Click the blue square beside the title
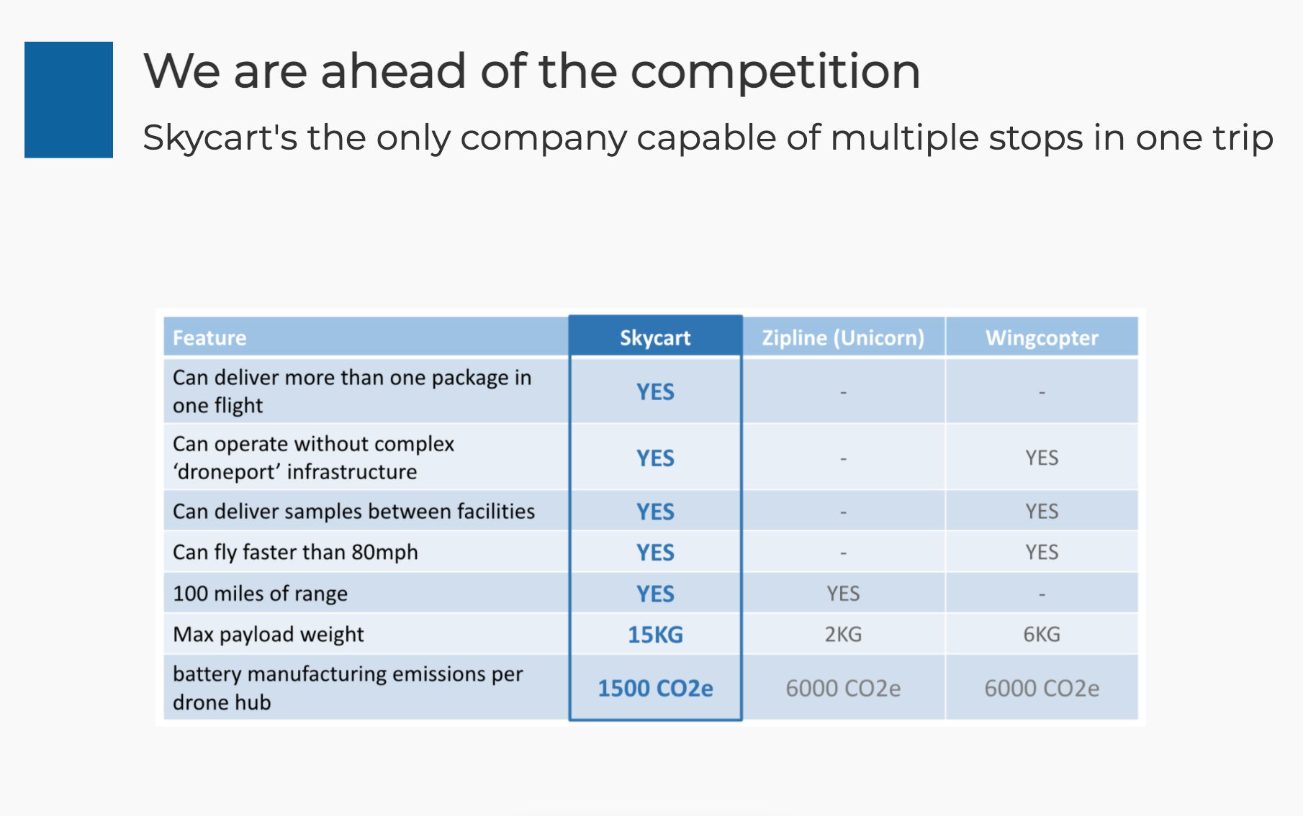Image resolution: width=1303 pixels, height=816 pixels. (68, 99)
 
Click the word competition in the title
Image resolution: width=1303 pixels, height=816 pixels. (775, 72)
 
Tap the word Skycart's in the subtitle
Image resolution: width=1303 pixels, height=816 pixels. (220, 138)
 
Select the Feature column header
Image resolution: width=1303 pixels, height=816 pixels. (209, 338)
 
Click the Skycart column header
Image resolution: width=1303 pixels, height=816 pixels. (655, 338)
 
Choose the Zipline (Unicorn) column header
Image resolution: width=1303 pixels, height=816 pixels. (843, 338)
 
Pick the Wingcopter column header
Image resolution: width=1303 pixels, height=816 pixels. (1042, 338)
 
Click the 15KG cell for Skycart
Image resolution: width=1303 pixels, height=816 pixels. (655, 635)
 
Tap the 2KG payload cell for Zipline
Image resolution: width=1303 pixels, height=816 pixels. (843, 635)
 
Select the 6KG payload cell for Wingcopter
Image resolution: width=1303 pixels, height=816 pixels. (1042, 635)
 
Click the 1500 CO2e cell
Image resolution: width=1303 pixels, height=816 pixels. (655, 689)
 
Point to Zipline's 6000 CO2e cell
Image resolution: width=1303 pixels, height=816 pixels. (843, 689)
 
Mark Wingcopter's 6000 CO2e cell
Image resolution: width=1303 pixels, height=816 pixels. (1042, 689)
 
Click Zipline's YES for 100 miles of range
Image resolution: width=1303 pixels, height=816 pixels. (843, 594)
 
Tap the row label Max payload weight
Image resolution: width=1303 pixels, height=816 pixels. (269, 635)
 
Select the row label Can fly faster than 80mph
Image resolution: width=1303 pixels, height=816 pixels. (295, 553)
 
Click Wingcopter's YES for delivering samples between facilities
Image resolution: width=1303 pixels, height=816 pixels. (1042, 512)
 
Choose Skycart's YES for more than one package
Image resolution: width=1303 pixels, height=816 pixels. (655, 392)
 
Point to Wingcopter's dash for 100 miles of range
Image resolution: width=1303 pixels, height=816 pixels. (1042, 594)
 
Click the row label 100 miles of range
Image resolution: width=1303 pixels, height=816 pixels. (260, 594)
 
